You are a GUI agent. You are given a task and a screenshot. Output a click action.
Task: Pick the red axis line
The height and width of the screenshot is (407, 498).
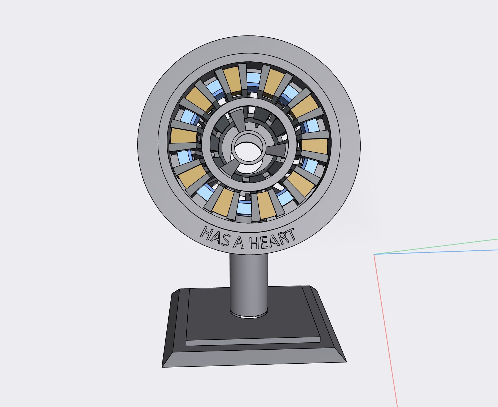pos(386,331)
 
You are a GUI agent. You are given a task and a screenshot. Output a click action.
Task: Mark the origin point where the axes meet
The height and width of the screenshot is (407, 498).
pos(374,254)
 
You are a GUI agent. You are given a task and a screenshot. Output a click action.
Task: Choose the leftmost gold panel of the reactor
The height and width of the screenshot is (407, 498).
pos(183,136)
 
